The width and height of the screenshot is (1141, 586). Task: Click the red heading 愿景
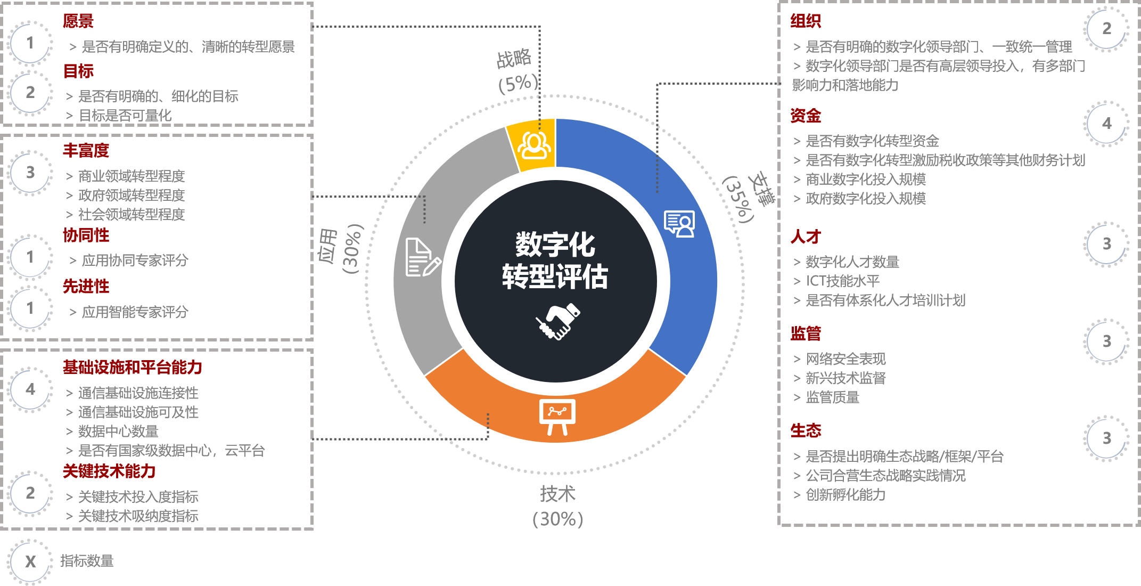click(78, 21)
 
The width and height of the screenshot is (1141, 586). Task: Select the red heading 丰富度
click(86, 151)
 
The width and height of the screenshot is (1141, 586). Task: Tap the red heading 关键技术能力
click(109, 471)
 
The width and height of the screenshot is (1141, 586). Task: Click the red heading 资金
click(806, 116)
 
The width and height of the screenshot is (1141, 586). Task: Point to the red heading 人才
click(806, 237)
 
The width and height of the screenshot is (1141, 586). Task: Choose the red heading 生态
click(806, 430)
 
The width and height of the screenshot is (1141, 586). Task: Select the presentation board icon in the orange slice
click(557, 416)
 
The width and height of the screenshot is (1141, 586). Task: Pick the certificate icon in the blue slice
click(679, 224)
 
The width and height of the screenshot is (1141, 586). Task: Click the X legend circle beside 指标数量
click(30, 561)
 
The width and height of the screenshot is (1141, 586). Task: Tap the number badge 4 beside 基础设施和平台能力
click(30, 389)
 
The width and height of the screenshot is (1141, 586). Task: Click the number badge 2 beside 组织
click(1106, 29)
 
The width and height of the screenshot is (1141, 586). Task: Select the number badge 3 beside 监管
click(1106, 341)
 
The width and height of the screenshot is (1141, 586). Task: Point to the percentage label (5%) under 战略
click(518, 84)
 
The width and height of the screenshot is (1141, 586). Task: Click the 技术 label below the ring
click(557, 494)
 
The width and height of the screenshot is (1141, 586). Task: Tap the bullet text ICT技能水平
click(842, 281)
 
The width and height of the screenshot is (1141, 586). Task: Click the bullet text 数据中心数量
click(118, 432)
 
